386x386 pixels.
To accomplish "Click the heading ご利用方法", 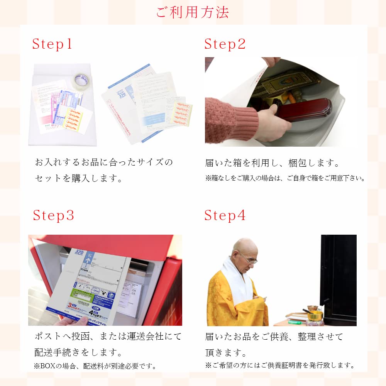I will pyautogui.click(x=193, y=12).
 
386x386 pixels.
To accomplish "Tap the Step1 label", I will pyautogui.click(x=52, y=44).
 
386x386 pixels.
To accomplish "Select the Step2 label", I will pyautogui.click(x=225, y=44).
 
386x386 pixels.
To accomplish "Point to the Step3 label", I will pyautogui.click(x=53, y=215).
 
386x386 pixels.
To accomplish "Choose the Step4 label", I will pyautogui.click(x=225, y=215).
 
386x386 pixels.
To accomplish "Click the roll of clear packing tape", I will pyautogui.click(x=81, y=81).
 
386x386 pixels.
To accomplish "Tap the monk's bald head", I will pyautogui.click(x=244, y=247).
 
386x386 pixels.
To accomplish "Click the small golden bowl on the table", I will pyautogui.click(x=315, y=315).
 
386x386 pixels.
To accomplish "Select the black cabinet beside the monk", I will pyautogui.click(x=338, y=278).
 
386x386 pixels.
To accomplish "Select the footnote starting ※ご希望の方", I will pyautogui.click(x=279, y=365).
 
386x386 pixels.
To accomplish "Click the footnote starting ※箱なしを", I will pyautogui.click(x=285, y=178).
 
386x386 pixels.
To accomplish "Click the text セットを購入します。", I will pyautogui.click(x=78, y=178).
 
